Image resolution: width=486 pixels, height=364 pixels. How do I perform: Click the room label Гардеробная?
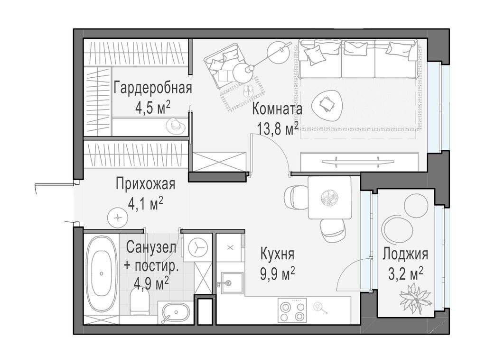click(152, 88)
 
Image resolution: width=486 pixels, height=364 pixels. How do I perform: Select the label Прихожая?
click(145, 184)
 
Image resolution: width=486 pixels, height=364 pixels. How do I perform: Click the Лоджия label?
click(405, 254)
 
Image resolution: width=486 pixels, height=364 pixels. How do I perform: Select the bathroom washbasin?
click(175, 313)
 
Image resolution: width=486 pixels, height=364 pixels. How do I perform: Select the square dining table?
click(329, 197)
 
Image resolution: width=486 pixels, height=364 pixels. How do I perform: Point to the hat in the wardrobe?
click(175, 125)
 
